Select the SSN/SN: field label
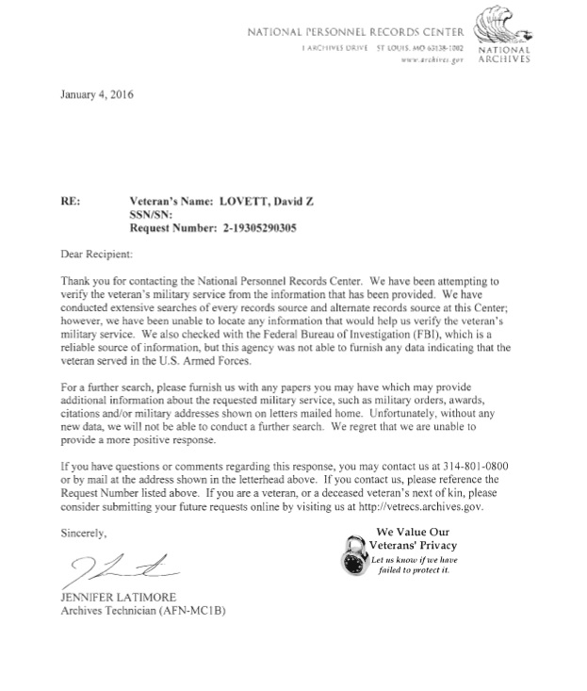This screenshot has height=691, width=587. pyautogui.click(x=155, y=214)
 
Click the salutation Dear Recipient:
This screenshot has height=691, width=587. pyautogui.click(x=97, y=255)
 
